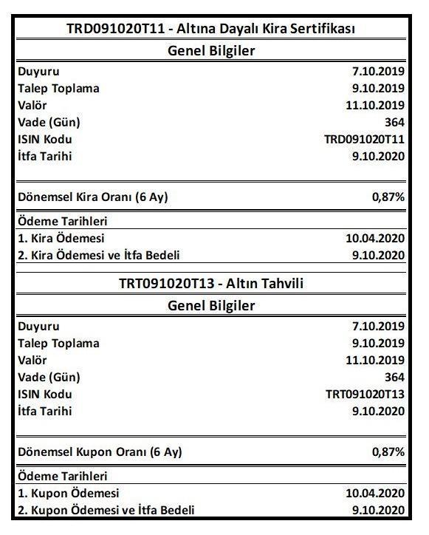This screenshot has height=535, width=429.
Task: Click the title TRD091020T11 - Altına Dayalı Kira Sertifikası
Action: click(x=211, y=30)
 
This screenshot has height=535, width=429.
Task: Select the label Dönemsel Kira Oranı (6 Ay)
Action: click(x=97, y=197)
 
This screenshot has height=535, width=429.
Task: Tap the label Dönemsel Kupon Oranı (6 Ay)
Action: click(x=100, y=451)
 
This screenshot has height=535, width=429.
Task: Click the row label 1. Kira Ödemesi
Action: click(x=61, y=239)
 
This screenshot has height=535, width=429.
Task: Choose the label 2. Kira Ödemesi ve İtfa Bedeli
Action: click(x=99, y=256)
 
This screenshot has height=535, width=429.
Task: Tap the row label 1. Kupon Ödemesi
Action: click(x=68, y=493)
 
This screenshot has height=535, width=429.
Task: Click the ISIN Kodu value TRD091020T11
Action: click(x=365, y=139)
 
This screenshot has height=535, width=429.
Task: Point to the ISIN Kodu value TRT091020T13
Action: click(x=365, y=394)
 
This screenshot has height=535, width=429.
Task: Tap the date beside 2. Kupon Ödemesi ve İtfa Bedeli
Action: click(x=378, y=510)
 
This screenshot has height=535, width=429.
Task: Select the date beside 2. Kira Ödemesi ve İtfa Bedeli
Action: click(x=378, y=256)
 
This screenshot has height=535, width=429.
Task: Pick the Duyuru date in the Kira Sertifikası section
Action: click(x=378, y=72)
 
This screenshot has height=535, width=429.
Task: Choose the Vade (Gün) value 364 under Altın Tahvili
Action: click(x=394, y=377)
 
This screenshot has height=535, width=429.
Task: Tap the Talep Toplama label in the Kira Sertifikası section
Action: click(x=58, y=89)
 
